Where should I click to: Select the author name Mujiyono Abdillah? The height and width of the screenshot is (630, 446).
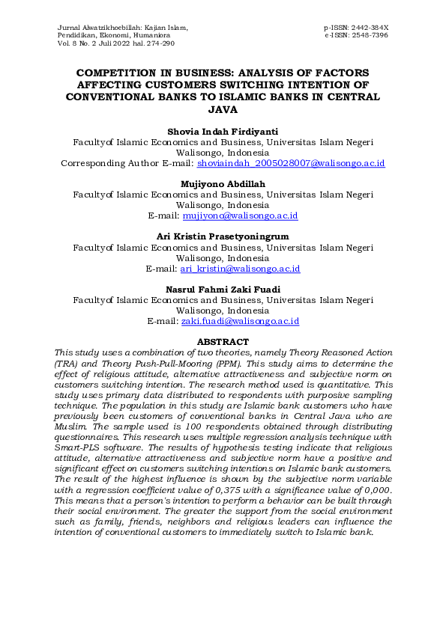tap(222, 183)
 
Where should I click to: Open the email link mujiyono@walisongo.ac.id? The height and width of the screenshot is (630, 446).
tap(241, 215)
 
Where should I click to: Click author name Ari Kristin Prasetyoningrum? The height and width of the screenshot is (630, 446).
tap(222, 236)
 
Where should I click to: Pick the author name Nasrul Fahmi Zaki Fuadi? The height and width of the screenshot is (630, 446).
tap(222, 289)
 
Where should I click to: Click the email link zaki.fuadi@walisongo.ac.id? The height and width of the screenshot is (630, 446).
tap(241, 321)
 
